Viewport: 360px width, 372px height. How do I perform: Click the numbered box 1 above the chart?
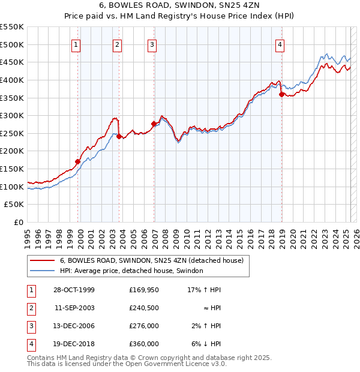coord(77,44)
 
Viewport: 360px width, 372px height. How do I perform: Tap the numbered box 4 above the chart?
coord(280,44)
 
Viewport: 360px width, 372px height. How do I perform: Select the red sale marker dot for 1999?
coord(77,161)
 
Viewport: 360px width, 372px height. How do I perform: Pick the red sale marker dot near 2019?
coord(281,94)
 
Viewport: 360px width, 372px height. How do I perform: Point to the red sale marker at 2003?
coord(119,136)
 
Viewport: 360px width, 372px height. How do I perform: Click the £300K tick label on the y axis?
coord(12,115)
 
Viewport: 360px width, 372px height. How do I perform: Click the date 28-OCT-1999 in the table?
coord(74,290)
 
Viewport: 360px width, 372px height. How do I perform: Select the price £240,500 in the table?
coord(144,308)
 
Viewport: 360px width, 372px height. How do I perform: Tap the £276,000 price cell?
coord(144,326)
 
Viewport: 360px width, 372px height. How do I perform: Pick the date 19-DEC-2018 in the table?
coord(74,344)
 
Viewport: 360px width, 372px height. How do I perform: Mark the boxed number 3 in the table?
coord(30,326)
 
